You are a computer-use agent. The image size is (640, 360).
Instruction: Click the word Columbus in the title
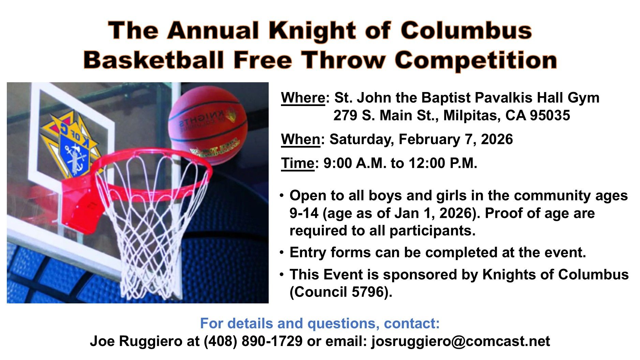[x=466, y=30]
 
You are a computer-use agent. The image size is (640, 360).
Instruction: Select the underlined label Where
[x=303, y=98]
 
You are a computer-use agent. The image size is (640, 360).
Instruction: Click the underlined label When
[x=300, y=139]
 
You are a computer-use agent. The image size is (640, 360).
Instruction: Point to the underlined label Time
[x=297, y=163]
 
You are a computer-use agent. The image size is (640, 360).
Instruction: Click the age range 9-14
[x=304, y=213]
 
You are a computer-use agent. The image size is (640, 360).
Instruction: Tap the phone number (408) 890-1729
[x=253, y=341]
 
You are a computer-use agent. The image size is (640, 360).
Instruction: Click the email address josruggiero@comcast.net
[x=460, y=341]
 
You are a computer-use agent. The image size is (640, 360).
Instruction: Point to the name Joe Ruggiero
[x=136, y=341]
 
